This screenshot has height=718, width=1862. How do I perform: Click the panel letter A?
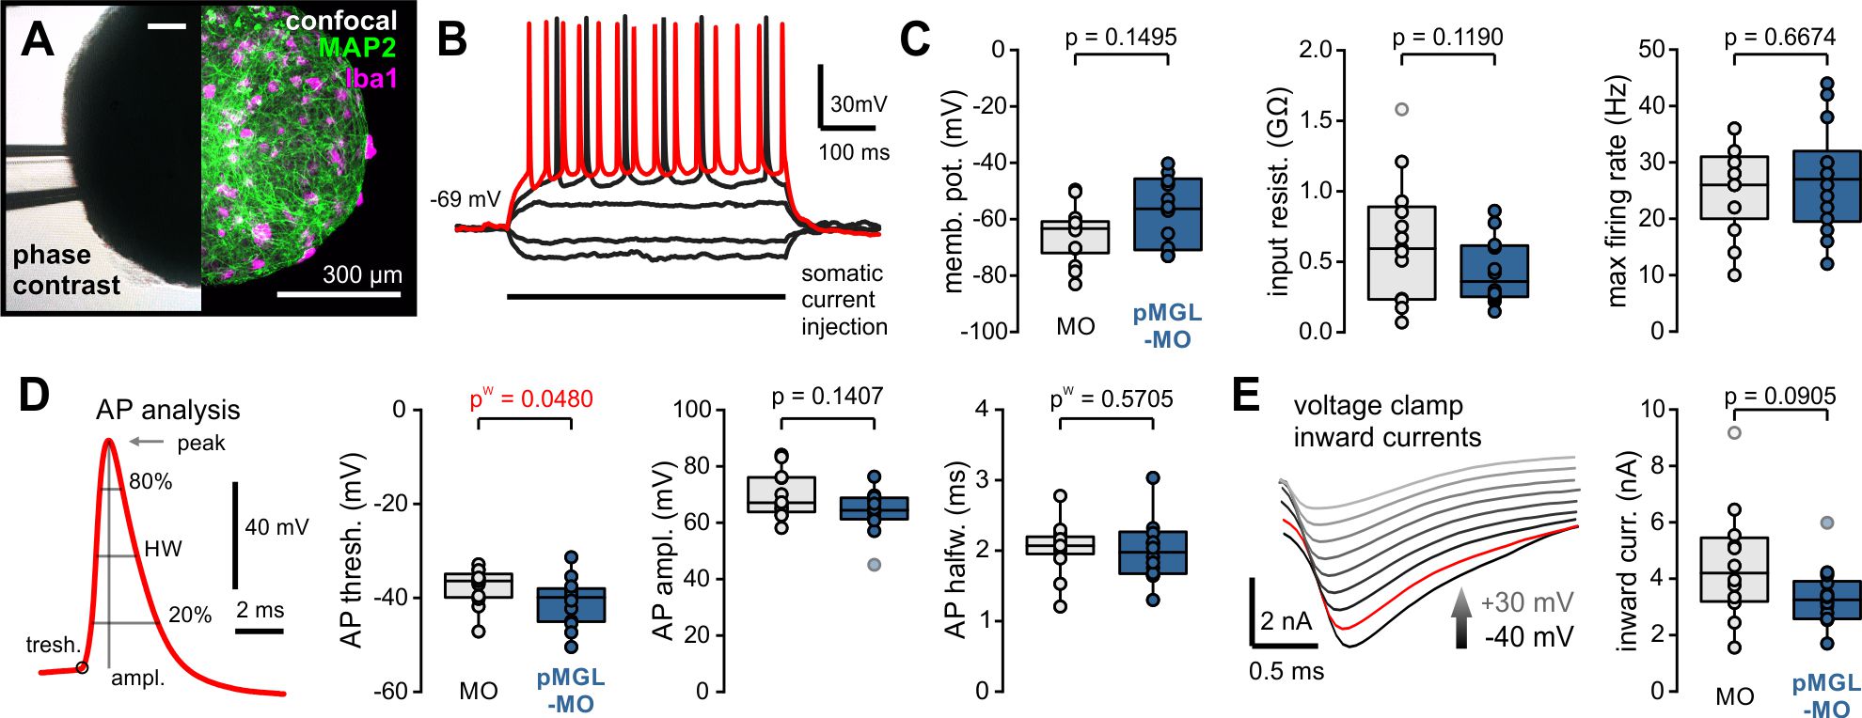[x=37, y=39]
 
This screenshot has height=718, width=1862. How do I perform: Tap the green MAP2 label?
[x=356, y=47]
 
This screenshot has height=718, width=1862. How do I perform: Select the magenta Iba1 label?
[x=371, y=77]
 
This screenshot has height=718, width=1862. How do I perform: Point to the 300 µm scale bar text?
[x=362, y=275]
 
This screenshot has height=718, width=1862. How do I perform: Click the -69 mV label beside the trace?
[x=465, y=199]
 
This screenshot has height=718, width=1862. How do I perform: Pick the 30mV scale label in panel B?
[x=858, y=104]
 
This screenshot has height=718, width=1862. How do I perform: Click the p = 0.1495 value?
[x=1120, y=38]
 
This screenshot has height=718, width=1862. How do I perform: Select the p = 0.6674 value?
[x=1779, y=38]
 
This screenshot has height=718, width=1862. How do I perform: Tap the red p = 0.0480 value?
[x=531, y=399]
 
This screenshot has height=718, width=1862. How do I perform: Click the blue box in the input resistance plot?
[x=1494, y=271]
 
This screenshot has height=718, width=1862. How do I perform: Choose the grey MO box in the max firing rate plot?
[x=1734, y=188]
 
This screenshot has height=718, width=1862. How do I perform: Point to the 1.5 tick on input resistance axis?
[x=1317, y=120]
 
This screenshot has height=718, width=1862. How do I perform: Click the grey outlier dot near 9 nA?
[x=1734, y=432]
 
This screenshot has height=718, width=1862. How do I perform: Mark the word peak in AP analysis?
[x=201, y=443]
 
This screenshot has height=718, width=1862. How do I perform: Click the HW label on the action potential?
[x=163, y=549]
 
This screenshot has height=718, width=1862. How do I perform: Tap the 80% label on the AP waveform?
[x=150, y=482]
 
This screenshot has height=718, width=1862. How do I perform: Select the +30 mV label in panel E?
[x=1526, y=602]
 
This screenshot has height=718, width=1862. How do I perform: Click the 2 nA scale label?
[x=1286, y=621]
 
